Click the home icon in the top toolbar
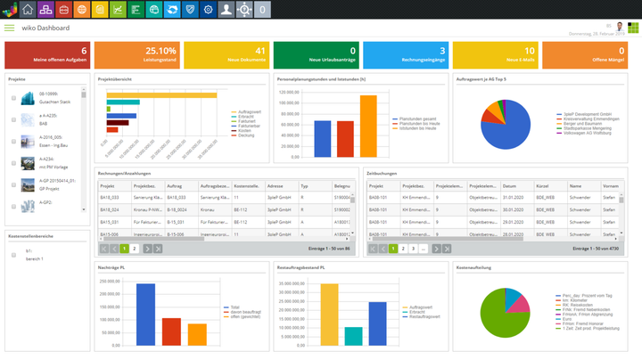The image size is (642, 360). [28, 10]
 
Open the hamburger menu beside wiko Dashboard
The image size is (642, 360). [10, 28]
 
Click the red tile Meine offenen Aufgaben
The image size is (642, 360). [46, 55]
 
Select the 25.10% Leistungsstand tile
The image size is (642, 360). [136, 55]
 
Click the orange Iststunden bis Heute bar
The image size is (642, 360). [368, 126]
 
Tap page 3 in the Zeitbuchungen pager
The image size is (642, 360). [413, 249]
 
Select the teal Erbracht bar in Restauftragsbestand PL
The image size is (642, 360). [354, 336]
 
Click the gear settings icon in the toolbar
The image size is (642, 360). [208, 10]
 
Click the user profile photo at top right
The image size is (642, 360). [620, 27]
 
